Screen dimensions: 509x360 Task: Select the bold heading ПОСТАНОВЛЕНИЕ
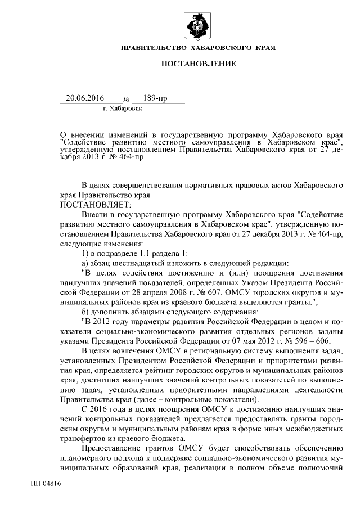coord(199,65)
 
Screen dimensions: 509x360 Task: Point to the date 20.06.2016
coord(85,98)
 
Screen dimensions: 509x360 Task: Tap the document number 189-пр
coord(155,98)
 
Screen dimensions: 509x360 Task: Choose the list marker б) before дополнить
coord(85,311)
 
